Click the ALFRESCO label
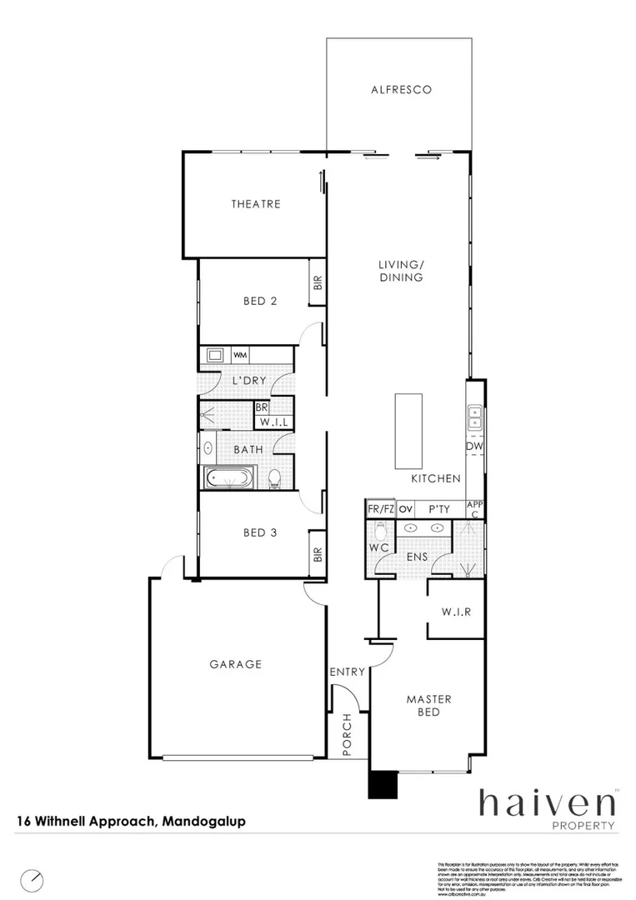[401, 89]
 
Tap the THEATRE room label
[256, 204]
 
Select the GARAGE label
[235, 664]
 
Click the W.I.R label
[457, 611]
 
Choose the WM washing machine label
[241, 356]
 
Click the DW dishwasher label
[475, 448]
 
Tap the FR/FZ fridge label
[381, 508]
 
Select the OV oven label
[407, 508]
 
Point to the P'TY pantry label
[440, 508]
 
